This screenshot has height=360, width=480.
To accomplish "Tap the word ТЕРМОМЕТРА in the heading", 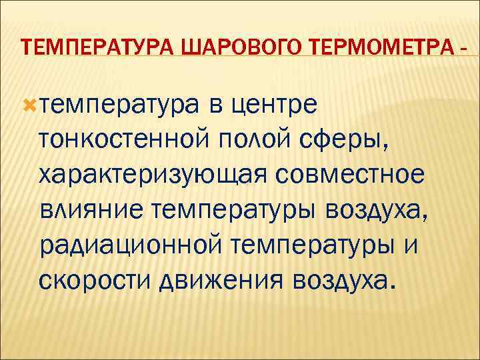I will coord(364,49).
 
